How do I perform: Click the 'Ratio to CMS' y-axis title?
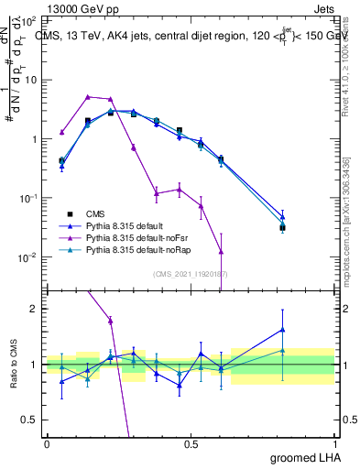(13, 366)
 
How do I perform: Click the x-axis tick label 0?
(47, 444)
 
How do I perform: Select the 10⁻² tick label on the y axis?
(30, 257)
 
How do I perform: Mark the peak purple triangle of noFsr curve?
(88, 96)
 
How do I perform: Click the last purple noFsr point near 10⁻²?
(221, 251)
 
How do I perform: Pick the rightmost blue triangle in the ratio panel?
(282, 330)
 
